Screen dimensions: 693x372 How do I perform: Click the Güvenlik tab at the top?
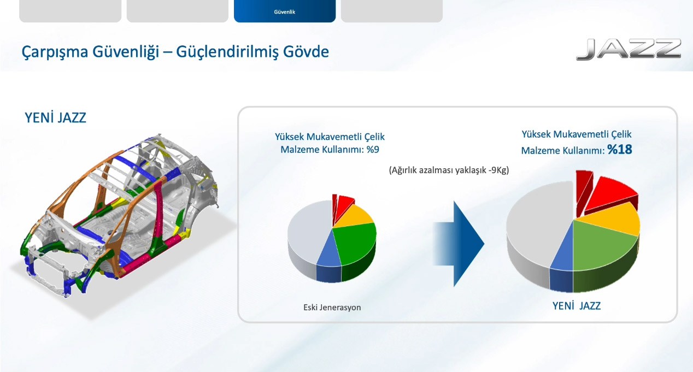[285, 11]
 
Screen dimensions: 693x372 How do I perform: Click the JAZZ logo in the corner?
[629, 49]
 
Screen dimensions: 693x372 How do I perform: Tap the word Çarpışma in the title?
[55, 52]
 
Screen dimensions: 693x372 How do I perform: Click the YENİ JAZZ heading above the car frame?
[55, 118]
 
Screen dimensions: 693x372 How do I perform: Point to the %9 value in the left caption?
[373, 150]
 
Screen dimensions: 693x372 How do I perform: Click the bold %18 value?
[620, 150]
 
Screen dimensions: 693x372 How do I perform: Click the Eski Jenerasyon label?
[332, 308]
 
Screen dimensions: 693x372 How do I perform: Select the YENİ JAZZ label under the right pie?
[577, 306]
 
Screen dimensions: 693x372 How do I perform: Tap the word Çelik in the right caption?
[621, 134]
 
